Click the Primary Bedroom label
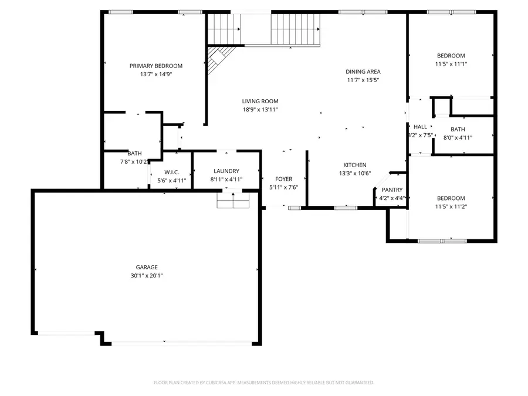(x=155, y=66)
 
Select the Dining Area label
(x=363, y=72)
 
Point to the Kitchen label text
(x=355, y=165)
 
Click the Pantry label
(x=392, y=189)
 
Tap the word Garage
(x=147, y=267)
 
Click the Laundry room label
(x=226, y=171)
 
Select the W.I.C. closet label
(x=171, y=172)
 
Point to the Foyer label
(x=284, y=179)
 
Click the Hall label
(x=421, y=127)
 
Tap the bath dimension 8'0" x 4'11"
(x=458, y=137)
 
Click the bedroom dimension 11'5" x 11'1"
(x=451, y=64)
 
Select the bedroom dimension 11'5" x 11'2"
(x=451, y=207)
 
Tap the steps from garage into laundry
(x=233, y=202)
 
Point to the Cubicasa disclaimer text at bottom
(x=263, y=383)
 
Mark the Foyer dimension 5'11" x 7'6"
(x=284, y=187)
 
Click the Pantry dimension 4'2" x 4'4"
(x=392, y=198)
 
